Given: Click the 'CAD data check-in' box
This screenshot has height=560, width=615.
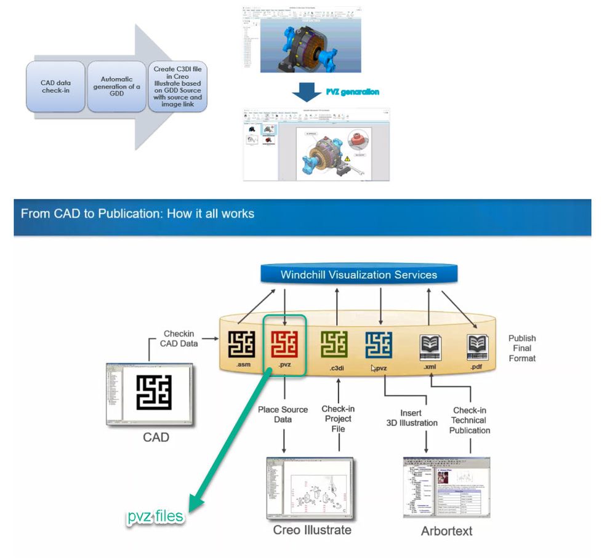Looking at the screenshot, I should click(x=56, y=87).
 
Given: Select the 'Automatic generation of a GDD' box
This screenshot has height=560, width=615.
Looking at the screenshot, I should click(x=116, y=87).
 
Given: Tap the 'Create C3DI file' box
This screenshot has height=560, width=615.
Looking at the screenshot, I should click(x=177, y=87).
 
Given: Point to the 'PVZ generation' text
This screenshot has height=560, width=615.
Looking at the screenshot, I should click(x=353, y=92).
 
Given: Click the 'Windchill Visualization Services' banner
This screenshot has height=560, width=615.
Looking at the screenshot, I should click(x=358, y=274).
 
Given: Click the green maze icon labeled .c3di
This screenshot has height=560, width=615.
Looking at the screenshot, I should click(x=334, y=344).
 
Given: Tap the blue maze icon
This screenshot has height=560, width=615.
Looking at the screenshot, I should click(x=378, y=344).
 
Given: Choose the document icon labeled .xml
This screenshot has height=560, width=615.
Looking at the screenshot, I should click(x=430, y=347).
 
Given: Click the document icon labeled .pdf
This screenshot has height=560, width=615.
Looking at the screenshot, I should click(x=478, y=347).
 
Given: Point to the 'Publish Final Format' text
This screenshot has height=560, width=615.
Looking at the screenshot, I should click(x=522, y=348).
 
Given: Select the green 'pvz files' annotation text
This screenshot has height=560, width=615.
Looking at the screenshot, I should click(x=156, y=516).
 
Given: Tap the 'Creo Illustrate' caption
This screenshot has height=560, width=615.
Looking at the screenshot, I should click(x=312, y=530).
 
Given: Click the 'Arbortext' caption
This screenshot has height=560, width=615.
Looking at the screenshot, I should click(x=446, y=530).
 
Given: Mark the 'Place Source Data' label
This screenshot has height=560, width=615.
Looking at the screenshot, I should click(x=283, y=414).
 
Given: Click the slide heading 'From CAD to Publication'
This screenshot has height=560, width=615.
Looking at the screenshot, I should click(x=137, y=214).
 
